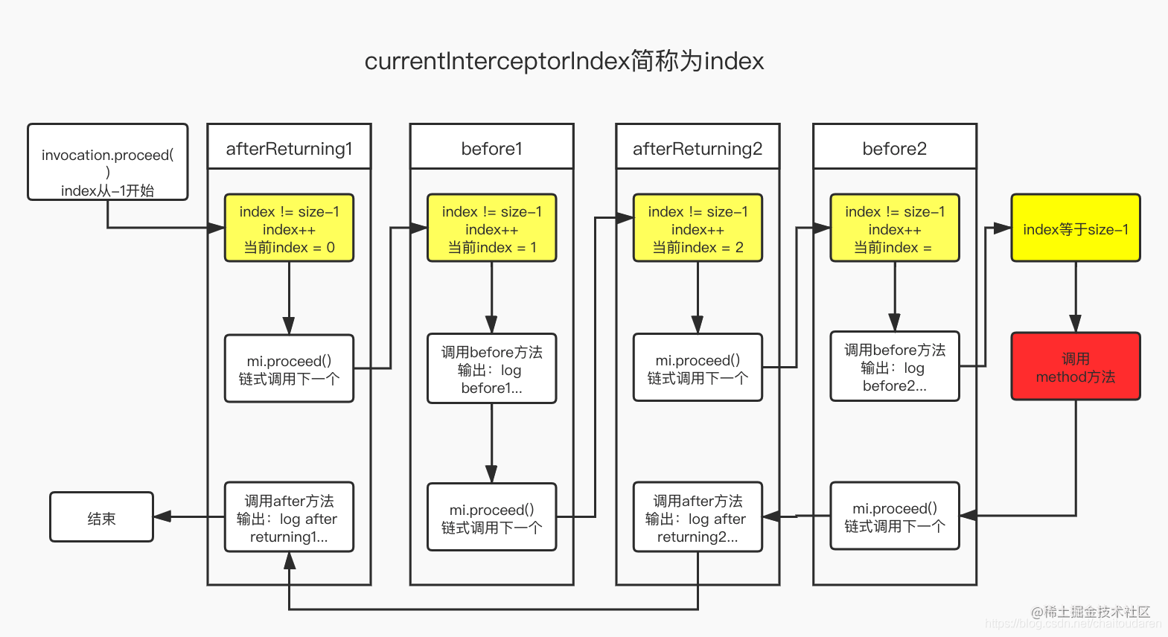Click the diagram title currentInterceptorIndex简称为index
point(564,61)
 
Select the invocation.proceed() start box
point(108,162)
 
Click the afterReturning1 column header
point(289,148)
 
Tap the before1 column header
point(491,148)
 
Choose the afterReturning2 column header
point(698,148)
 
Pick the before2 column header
point(894,148)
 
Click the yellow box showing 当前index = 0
point(289,228)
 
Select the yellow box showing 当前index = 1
point(491,228)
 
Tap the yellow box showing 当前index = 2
point(698,228)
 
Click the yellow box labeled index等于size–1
point(1075,228)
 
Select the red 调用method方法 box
point(1075,367)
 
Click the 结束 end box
point(101,517)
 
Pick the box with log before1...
point(491,369)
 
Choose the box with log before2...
point(894,367)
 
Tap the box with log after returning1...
point(289,518)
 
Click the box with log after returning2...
point(698,518)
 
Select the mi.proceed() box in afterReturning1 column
point(289,369)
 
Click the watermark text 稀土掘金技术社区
point(1096,612)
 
